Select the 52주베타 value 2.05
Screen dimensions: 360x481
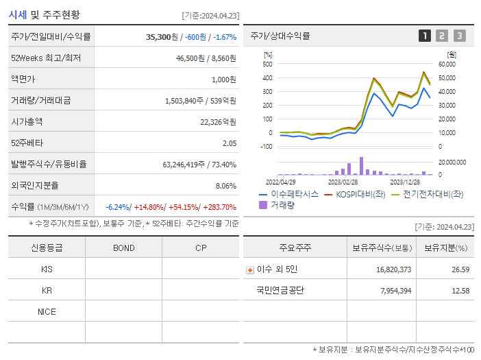229,143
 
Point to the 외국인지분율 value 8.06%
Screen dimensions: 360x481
225,186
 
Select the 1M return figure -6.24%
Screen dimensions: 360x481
119,207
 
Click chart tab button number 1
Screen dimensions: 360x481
425,36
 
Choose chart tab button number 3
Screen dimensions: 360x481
459,36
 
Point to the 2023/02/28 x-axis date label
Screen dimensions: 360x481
343,182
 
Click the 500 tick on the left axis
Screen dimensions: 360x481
267,64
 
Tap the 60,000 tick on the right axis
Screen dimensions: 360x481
447,64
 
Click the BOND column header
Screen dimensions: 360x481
123,248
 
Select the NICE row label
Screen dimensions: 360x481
47,311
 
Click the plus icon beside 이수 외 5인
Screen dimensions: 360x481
249,269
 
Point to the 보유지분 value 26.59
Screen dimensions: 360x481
460,269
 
